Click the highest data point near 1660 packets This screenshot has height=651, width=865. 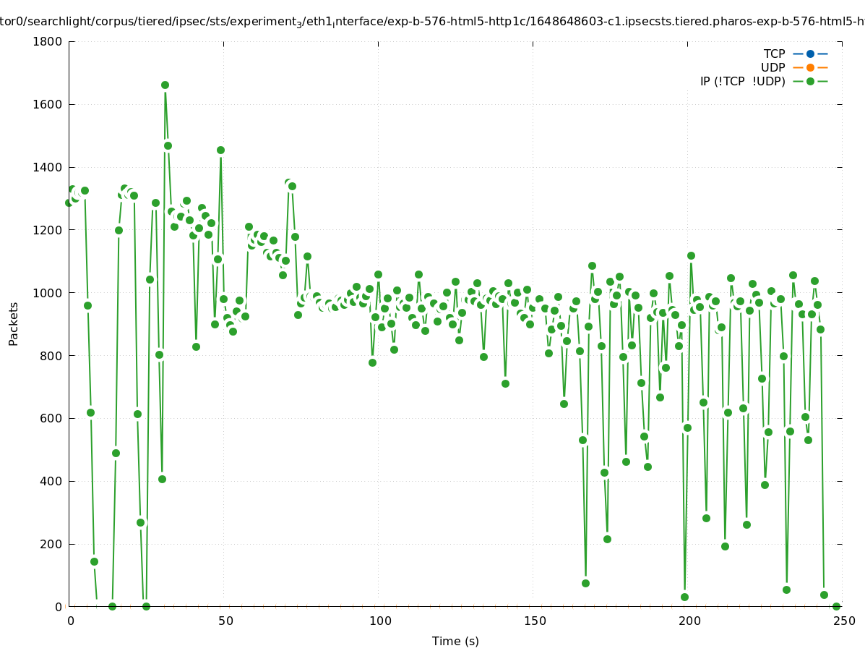165,85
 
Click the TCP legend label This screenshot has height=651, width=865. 774,54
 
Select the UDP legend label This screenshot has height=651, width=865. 773,68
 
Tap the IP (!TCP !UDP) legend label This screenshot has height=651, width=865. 742,82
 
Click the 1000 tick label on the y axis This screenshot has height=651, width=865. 50,293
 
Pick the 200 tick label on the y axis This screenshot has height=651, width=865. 53,544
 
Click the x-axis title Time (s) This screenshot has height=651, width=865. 455,642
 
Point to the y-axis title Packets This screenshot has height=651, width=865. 14,324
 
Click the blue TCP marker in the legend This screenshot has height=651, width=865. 810,54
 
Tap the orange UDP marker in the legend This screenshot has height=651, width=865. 810,68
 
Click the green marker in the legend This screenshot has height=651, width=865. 810,82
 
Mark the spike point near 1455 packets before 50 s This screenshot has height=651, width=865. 220,150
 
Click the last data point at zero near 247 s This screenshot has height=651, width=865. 836,606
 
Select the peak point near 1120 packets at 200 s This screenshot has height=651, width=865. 691,255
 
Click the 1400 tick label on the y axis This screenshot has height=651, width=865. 50,167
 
